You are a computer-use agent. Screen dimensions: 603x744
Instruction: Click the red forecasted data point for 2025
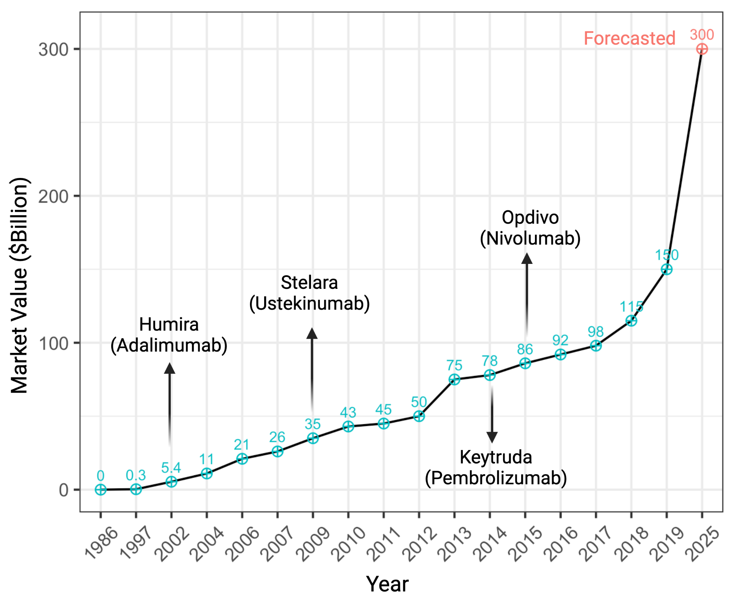[702, 49]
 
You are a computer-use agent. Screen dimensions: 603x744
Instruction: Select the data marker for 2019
[666, 269]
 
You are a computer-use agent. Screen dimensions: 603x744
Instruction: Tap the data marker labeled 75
[454, 379]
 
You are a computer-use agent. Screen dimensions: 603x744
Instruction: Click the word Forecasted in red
[629, 38]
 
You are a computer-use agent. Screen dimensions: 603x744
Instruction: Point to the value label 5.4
[171, 468]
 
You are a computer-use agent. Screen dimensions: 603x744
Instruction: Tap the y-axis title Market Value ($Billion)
[19, 285]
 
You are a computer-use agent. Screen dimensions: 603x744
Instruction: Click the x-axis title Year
[387, 584]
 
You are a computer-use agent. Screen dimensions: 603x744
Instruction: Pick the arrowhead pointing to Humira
[170, 368]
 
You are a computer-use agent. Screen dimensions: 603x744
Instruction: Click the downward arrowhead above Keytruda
[492, 437]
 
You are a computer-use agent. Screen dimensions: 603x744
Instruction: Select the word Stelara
[309, 283]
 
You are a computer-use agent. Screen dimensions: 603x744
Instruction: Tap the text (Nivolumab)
[530, 238]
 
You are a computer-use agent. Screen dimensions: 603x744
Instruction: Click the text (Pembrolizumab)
[496, 478]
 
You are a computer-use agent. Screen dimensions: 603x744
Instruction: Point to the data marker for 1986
[100, 489]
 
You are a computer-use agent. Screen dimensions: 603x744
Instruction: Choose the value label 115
[631, 307]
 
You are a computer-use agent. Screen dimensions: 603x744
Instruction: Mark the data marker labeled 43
[348, 426]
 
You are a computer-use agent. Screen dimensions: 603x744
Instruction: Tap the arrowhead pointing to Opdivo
[526, 258]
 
